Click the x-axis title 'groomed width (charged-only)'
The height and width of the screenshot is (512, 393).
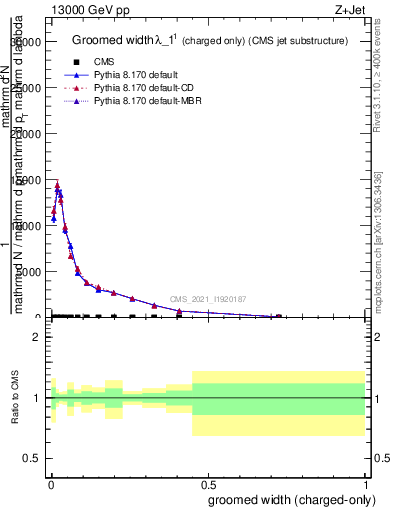(x=287, y=499)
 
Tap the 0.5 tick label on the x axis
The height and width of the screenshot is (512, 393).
(x=208, y=482)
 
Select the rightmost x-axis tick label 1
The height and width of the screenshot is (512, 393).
(x=366, y=482)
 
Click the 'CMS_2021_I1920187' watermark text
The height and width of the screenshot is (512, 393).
(x=208, y=299)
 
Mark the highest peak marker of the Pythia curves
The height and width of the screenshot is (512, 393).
(x=57, y=186)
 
